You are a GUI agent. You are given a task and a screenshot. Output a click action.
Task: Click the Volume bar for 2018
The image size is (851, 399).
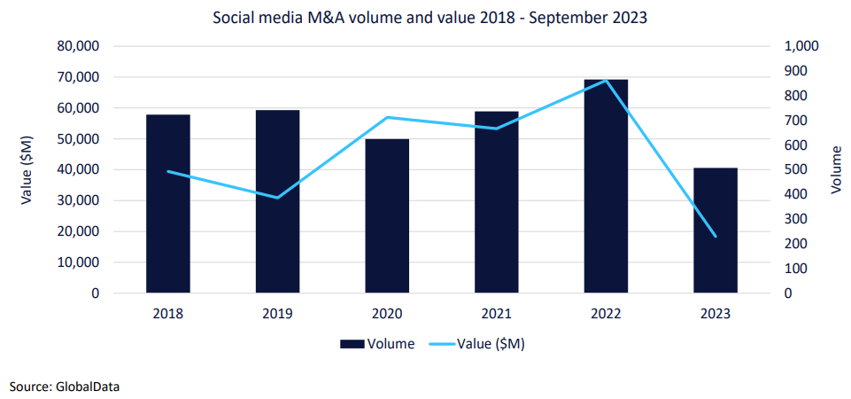[168, 204]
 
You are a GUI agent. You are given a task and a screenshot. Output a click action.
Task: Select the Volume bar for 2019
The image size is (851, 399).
[277, 201]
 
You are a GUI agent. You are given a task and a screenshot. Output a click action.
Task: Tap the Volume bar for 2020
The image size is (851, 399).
[387, 216]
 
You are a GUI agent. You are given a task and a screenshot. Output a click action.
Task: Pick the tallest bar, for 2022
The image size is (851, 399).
[606, 186]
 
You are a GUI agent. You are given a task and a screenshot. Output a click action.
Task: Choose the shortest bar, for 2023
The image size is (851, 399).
[716, 231]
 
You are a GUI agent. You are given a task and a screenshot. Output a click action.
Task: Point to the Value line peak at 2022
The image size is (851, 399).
[606, 81]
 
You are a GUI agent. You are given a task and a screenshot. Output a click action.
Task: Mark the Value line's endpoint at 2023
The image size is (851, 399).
[716, 237]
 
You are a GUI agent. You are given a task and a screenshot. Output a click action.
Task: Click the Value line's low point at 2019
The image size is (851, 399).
[277, 198]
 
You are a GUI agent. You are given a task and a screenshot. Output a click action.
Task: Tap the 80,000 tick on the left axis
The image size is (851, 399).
[78, 46]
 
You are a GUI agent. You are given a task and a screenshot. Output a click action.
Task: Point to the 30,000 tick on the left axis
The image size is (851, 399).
[78, 200]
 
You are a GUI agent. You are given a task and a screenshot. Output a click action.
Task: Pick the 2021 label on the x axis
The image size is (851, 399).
[497, 313]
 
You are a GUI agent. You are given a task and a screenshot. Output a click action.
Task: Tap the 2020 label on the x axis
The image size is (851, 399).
[387, 313]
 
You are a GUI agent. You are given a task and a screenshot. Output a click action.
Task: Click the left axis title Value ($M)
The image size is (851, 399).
[27, 169]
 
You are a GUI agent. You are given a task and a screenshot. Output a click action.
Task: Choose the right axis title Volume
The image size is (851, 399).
[835, 169]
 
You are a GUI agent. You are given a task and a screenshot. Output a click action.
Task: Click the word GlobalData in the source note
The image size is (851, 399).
[87, 386]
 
